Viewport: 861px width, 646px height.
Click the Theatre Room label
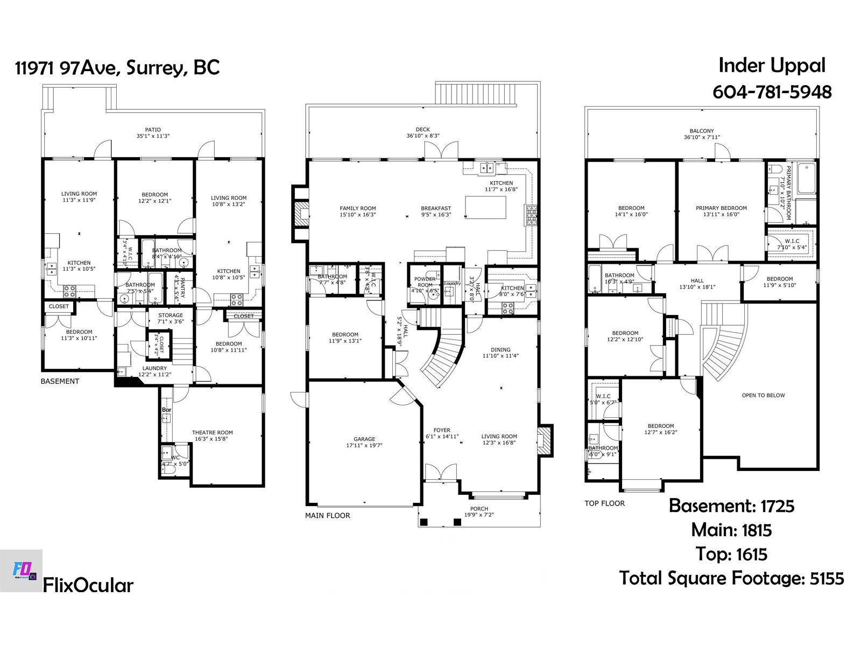pyautogui.click(x=212, y=432)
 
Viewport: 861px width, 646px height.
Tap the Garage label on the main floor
pyautogui.click(x=364, y=439)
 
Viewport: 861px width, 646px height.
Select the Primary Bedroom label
pyautogui.click(x=721, y=208)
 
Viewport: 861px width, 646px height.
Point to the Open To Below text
pyautogui.click(x=763, y=395)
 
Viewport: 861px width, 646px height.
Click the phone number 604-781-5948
pyautogui.click(x=772, y=92)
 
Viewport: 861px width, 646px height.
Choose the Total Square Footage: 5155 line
pyautogui.click(x=731, y=578)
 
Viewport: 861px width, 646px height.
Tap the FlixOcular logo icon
pyautogui.click(x=22, y=571)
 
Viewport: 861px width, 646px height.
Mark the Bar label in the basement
pyautogui.click(x=166, y=410)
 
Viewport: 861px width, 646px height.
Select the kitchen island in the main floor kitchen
pyautogui.click(x=485, y=207)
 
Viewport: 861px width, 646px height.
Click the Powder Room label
pyautogui.click(x=425, y=282)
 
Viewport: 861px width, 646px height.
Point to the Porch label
pyautogui.click(x=479, y=508)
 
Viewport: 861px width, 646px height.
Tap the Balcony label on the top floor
pyautogui.click(x=702, y=131)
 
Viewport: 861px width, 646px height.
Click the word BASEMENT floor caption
pyautogui.click(x=60, y=381)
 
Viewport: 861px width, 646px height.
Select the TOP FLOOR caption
pyautogui.click(x=604, y=503)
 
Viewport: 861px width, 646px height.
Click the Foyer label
pyautogui.click(x=442, y=430)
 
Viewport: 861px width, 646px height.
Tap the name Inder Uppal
pyautogui.click(x=772, y=65)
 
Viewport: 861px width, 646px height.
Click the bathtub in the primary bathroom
pyautogui.click(x=806, y=178)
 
